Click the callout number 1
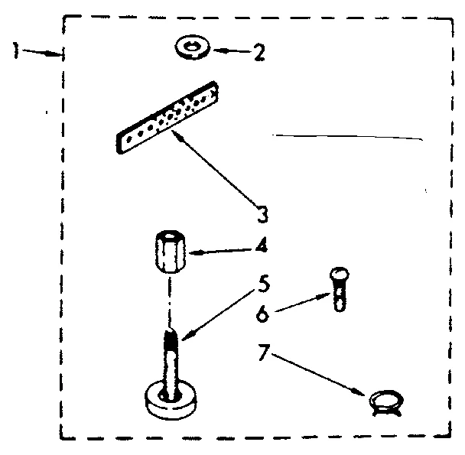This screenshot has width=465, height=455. click(x=15, y=50)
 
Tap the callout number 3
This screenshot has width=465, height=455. click(x=263, y=215)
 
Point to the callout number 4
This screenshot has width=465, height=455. click(x=262, y=249)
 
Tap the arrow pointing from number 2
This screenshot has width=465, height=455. click(x=231, y=52)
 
